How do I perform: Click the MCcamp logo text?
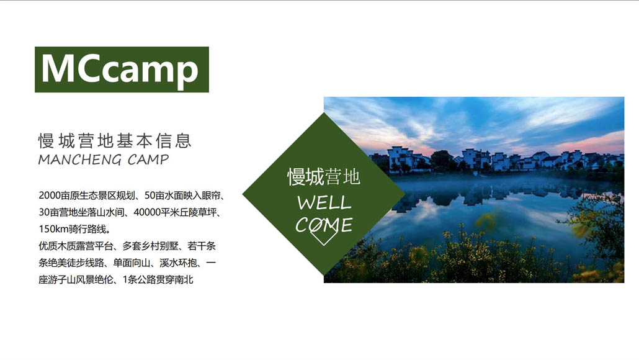click(120, 70)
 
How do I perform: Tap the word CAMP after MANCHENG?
click(148, 160)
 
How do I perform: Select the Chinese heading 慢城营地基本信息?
click(115, 141)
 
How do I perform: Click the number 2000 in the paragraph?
click(49, 196)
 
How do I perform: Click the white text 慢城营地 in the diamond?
click(324, 177)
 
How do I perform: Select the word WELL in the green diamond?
click(324, 202)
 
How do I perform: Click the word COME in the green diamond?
click(324, 225)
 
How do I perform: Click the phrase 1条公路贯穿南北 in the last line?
click(158, 280)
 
